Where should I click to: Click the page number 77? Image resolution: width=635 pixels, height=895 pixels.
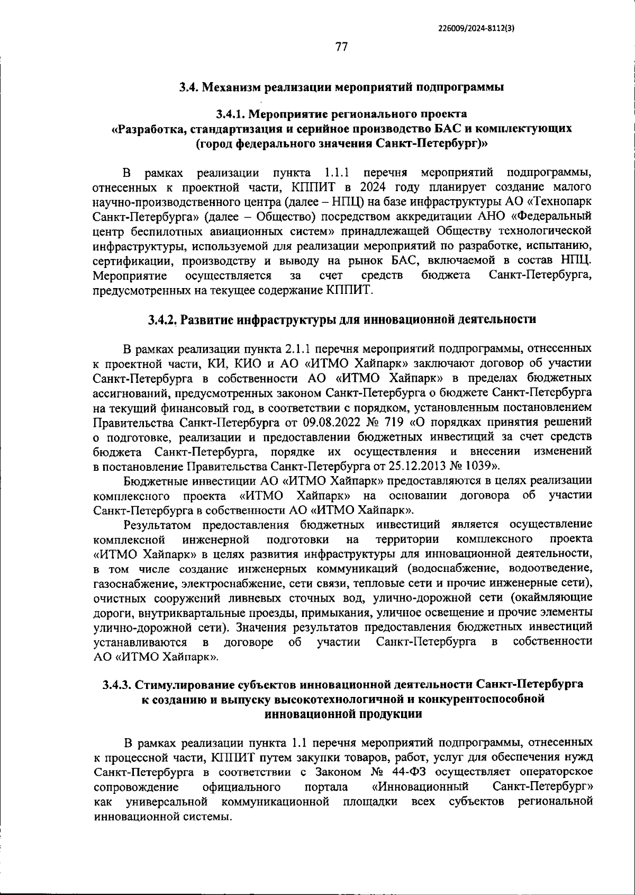click(341, 47)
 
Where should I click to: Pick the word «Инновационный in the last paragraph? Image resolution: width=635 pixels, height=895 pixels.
click(421, 786)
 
